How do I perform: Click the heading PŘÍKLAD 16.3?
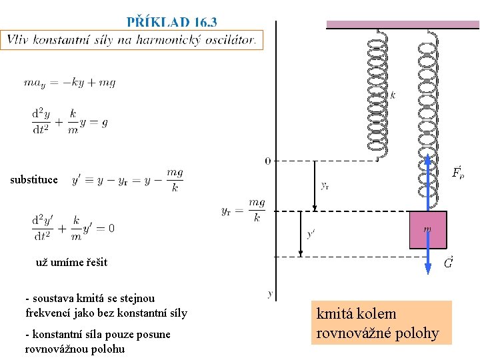[171, 22]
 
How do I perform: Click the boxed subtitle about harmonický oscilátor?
[132, 39]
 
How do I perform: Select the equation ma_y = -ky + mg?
[69, 83]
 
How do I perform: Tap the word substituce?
[34, 179]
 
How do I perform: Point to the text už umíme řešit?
[71, 262]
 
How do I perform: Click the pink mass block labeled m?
[427, 230]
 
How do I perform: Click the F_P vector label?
[458, 173]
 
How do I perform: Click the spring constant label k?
[393, 95]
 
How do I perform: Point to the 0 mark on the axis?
[267, 161]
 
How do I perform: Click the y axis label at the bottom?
[269, 293]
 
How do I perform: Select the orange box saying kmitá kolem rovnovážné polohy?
[381, 323]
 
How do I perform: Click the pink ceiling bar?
[402, 24]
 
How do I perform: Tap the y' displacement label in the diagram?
[311, 234]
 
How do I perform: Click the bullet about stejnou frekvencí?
[106, 305]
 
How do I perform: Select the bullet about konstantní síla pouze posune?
[97, 341]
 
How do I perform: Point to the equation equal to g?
[69, 121]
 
